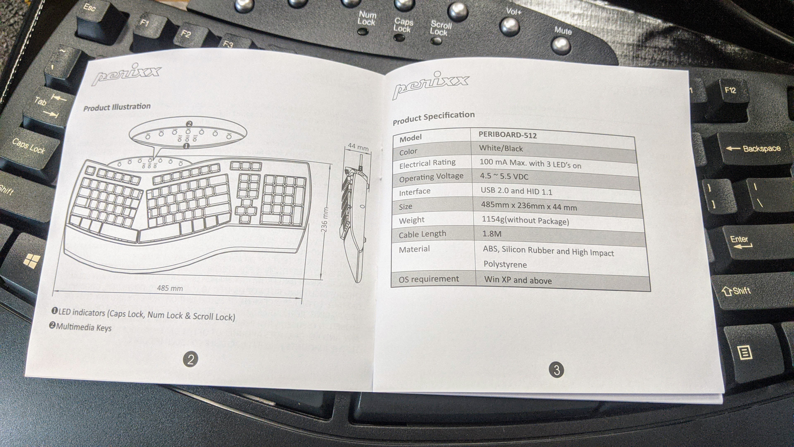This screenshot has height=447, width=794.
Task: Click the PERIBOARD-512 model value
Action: [x=507, y=135]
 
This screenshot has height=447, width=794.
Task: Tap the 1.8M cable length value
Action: [x=492, y=234]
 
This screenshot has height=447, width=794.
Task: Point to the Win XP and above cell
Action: [x=518, y=280]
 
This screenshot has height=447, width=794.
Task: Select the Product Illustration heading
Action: [x=117, y=107]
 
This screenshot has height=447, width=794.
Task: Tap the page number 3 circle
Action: [x=556, y=370]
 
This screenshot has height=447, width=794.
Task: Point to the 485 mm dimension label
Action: [x=170, y=288]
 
